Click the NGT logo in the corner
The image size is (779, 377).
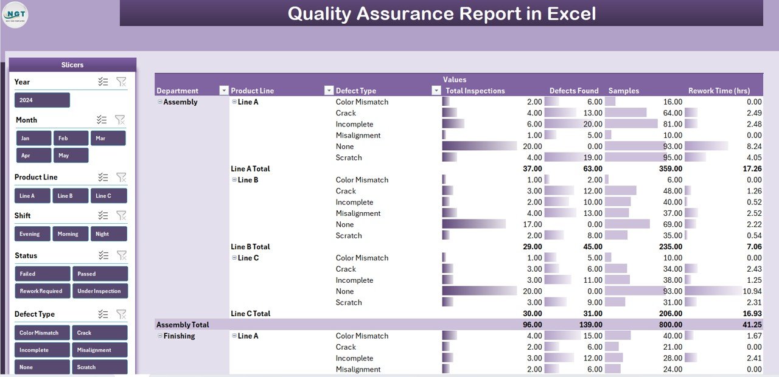15,15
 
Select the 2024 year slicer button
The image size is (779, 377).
42,100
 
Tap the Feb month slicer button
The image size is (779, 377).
71,138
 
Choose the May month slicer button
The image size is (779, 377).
71,155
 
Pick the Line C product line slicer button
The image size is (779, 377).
109,196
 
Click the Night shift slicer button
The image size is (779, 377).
109,233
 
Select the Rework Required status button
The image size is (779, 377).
42,291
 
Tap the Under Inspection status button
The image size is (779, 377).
100,291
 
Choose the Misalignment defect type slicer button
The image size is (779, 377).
100,350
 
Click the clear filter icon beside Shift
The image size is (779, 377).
121,215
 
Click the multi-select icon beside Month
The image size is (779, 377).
102,120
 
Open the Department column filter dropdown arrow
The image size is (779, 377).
223,91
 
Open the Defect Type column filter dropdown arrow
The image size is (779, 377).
436,91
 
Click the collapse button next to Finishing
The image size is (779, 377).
160,336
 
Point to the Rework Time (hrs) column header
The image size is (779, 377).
719,91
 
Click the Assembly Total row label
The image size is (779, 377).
183,325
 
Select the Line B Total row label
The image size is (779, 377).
250,247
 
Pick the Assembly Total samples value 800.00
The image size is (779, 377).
668,325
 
